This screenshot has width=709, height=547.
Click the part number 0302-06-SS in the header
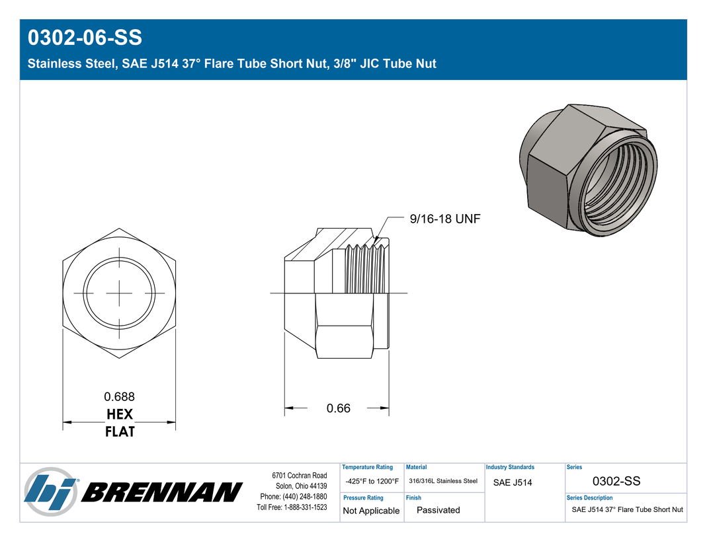coord(85,37)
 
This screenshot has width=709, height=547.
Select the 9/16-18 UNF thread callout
coord(445,219)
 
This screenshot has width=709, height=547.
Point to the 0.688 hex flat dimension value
coord(119,396)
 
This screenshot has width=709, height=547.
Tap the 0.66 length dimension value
coord(338,408)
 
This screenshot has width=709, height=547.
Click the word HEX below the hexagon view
coord(119,414)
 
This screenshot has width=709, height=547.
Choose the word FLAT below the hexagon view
coord(120,432)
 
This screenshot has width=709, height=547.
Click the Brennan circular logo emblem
coord(50,492)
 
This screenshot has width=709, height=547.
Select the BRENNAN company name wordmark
coord(162,492)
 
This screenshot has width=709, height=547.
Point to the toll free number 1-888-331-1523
coord(305,507)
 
